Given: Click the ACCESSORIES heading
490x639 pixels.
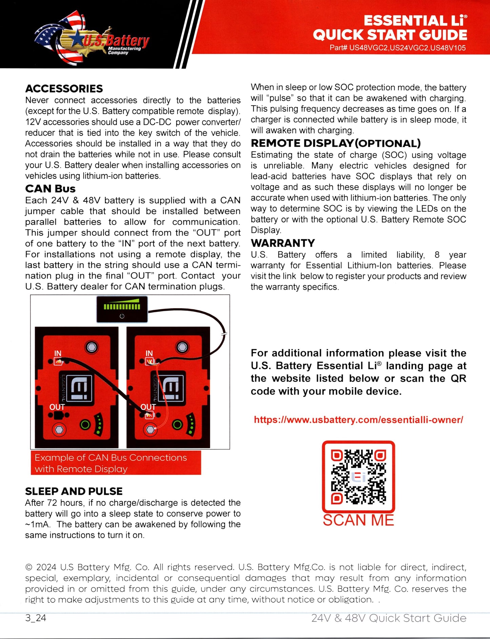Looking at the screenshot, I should point(64,89).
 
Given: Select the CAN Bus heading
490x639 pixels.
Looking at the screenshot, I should point(50,189).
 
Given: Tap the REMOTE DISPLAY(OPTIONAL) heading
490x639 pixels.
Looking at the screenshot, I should point(335,143).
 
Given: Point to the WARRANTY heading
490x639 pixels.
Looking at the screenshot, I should point(283,243).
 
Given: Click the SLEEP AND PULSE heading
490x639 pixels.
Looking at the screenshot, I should point(74,491).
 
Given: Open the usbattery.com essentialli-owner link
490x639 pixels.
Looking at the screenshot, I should point(358,420).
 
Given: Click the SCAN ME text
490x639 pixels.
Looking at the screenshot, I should point(358,520).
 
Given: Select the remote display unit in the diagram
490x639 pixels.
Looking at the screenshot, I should point(122,309).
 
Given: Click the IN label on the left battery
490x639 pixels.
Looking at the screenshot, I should point(58,353).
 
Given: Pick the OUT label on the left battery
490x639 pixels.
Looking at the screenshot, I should point(57,407).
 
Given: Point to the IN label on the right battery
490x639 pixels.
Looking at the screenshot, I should point(149,353).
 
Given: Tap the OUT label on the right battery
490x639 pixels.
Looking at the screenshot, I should point(148,407).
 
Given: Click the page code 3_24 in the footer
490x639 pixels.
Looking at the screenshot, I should point(36,618).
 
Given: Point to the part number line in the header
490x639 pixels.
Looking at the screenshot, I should point(397,48).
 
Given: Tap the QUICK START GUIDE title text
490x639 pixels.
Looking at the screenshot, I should point(390,35).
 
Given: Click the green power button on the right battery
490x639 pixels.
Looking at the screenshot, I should point(177,425).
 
